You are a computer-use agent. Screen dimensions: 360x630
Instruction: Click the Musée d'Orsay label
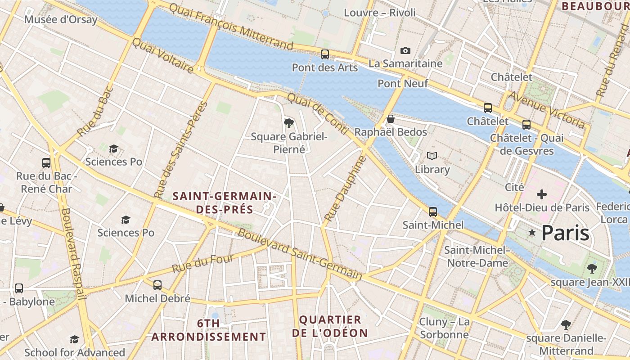pyautogui.click(x=61, y=20)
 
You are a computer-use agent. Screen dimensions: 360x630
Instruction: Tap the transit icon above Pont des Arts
pyautogui.click(x=325, y=54)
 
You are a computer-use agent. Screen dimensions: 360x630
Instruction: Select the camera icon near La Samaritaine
pyautogui.click(x=405, y=50)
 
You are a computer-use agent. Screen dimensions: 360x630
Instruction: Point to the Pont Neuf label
pyautogui.click(x=403, y=83)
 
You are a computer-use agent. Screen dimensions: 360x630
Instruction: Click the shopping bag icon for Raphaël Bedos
pyautogui.click(x=391, y=119)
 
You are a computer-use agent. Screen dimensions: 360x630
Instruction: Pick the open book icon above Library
pyautogui.click(x=432, y=156)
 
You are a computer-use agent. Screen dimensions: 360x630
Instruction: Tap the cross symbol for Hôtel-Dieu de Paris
pyautogui.click(x=542, y=194)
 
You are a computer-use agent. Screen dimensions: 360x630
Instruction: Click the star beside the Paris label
pyautogui.click(x=532, y=233)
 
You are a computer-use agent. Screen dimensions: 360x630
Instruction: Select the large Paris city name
pyautogui.click(x=565, y=233)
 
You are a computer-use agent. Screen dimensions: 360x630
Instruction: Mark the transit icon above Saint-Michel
pyautogui.click(x=433, y=211)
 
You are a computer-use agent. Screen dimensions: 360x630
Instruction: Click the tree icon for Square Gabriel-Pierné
pyautogui.click(x=289, y=123)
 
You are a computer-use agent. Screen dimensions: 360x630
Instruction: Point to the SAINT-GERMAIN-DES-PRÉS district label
pyautogui.click(x=224, y=202)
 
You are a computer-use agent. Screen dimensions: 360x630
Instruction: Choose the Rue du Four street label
pyautogui.click(x=203, y=264)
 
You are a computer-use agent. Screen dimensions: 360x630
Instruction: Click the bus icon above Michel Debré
pyautogui.click(x=157, y=285)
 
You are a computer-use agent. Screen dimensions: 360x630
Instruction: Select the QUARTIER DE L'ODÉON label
pyautogui.click(x=330, y=326)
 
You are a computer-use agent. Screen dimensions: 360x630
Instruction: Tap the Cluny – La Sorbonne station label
pyautogui.click(x=444, y=328)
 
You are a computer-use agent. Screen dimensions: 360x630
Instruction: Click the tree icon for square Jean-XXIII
pyautogui.click(x=592, y=269)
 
